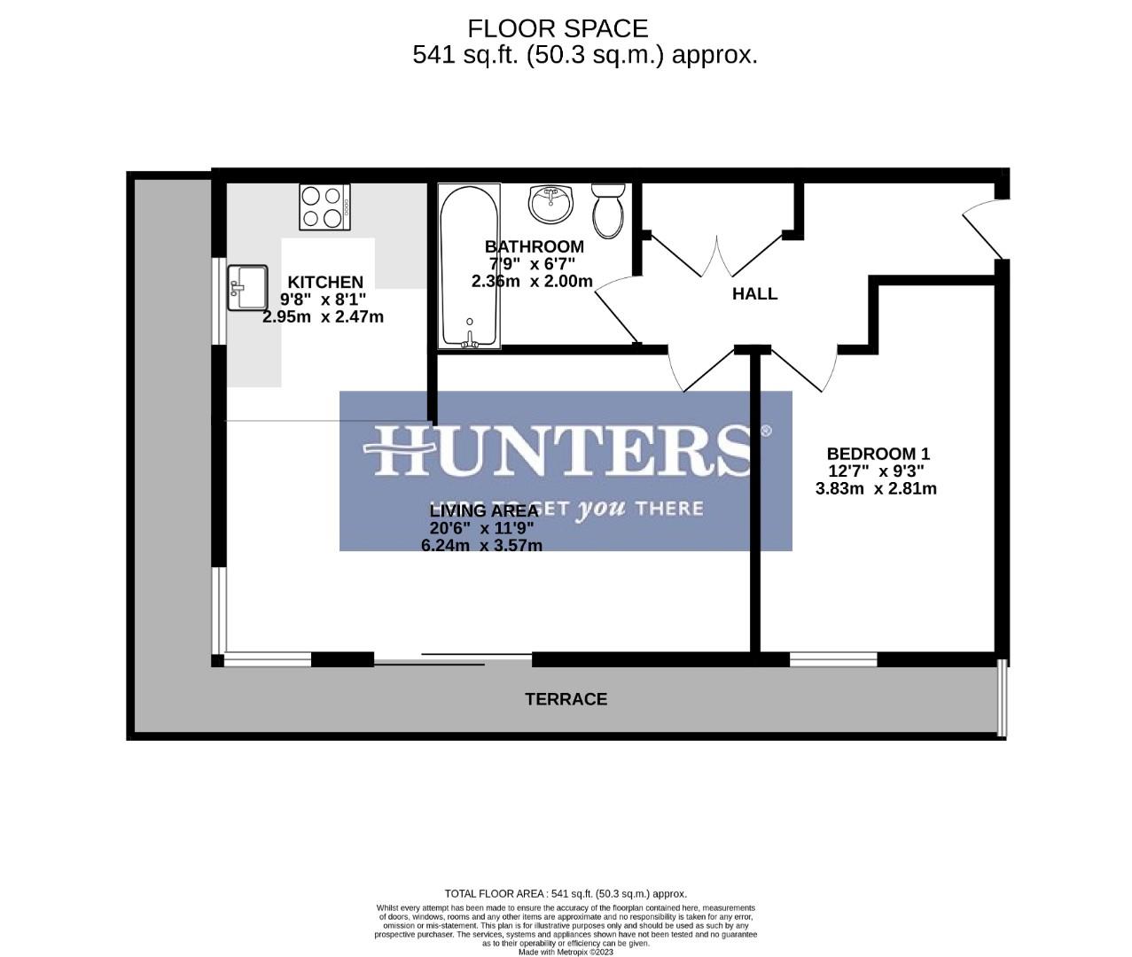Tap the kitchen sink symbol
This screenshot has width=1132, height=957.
click(x=247, y=288)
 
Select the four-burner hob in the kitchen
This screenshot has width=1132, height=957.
click(x=324, y=207)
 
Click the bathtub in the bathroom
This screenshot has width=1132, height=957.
click(x=470, y=266)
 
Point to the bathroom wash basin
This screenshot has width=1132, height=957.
click(x=551, y=205)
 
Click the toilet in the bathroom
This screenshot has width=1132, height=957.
click(x=608, y=210)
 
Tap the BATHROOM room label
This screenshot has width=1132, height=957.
click(x=534, y=246)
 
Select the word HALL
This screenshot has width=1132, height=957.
click(x=754, y=294)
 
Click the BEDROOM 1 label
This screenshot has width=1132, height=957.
click(x=878, y=454)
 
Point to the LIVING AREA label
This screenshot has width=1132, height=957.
click(x=483, y=511)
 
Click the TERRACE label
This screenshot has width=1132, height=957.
click(x=566, y=699)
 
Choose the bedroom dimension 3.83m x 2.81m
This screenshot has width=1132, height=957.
click(x=876, y=488)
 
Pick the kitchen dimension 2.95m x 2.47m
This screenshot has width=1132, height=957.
click(x=323, y=316)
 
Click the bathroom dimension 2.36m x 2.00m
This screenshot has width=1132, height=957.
click(x=532, y=281)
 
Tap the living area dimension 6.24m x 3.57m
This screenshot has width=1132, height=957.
click(x=481, y=546)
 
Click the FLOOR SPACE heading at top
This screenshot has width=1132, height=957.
click(x=558, y=29)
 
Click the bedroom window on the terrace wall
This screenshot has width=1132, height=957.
click(x=833, y=659)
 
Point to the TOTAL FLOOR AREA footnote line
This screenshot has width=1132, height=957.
click(x=566, y=894)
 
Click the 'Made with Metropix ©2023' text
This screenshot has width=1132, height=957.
click(x=566, y=952)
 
